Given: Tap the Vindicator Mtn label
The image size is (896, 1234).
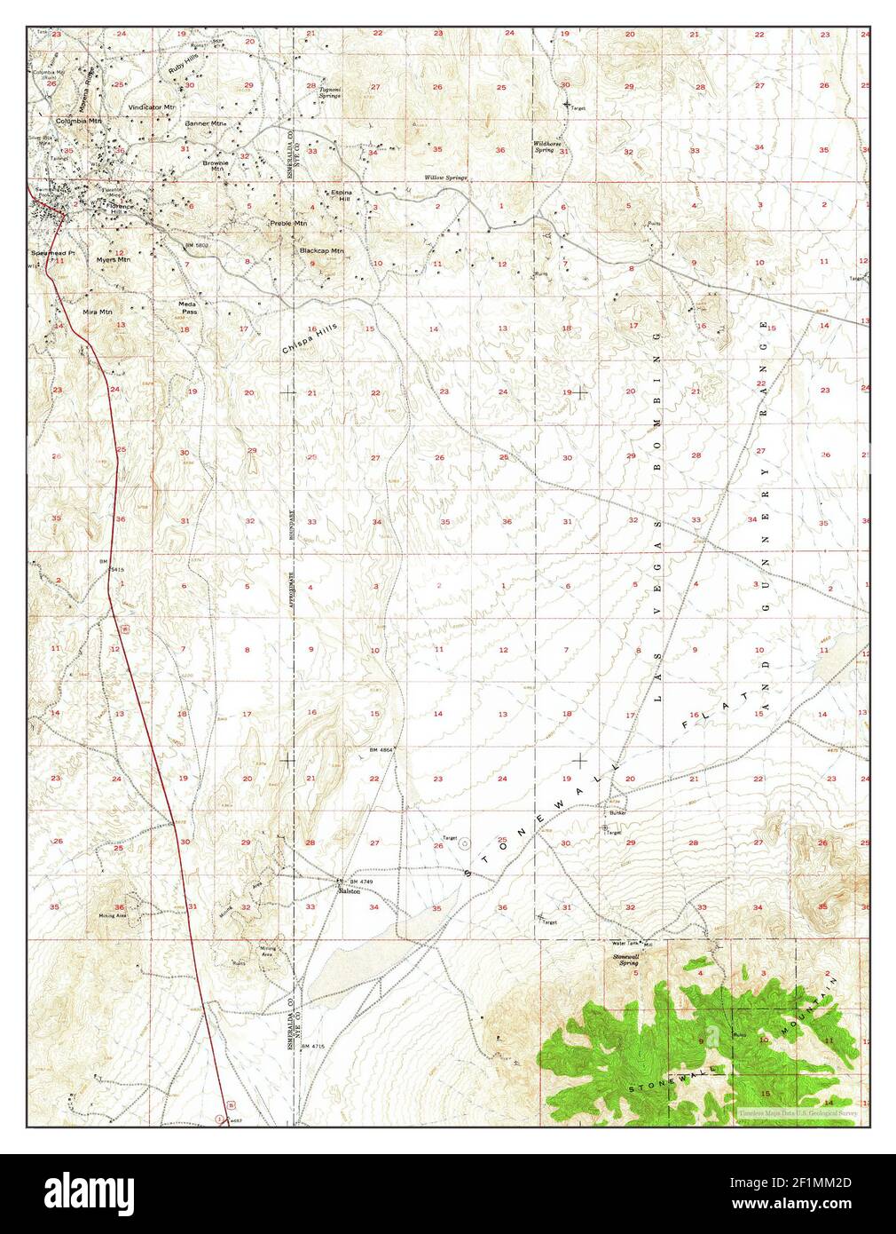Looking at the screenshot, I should pyautogui.click(x=152, y=107).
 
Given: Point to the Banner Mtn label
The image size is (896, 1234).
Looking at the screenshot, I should pyautogui.click(x=207, y=123).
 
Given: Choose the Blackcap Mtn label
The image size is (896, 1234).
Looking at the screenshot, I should pyautogui.click(x=321, y=250).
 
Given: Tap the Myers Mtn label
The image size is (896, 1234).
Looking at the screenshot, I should pyautogui.click(x=113, y=260).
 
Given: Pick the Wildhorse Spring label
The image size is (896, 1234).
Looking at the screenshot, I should pyautogui.click(x=544, y=146).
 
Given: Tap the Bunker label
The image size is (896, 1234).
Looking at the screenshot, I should pyautogui.click(x=618, y=812).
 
